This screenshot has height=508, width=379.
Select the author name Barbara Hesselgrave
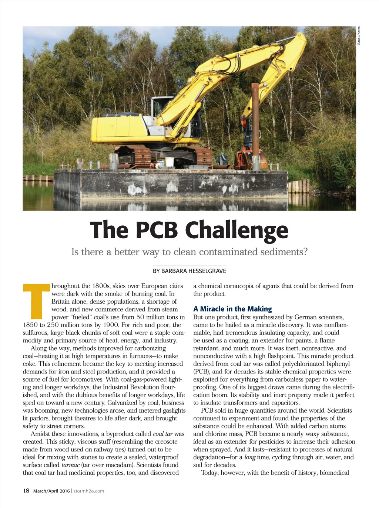coord(189,271)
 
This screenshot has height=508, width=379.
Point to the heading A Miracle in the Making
coord(232,309)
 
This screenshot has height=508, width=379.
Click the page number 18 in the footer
coord(26,491)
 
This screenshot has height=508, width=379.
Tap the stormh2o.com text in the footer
coord(89,491)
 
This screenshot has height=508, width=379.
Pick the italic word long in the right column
coord(250,457)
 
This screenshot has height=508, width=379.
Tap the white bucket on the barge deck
coord(169,161)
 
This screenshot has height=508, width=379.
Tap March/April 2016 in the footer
coord(51,491)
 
